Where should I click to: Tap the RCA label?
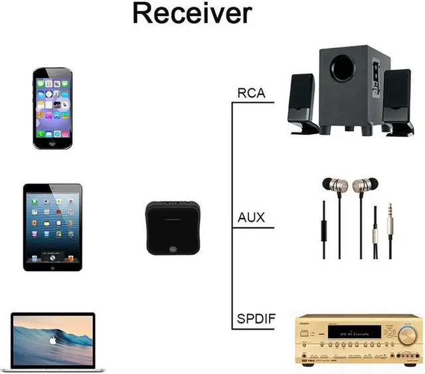(251, 93)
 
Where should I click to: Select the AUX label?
(251, 217)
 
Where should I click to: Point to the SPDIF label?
(256, 320)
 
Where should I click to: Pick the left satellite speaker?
(303, 104)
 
